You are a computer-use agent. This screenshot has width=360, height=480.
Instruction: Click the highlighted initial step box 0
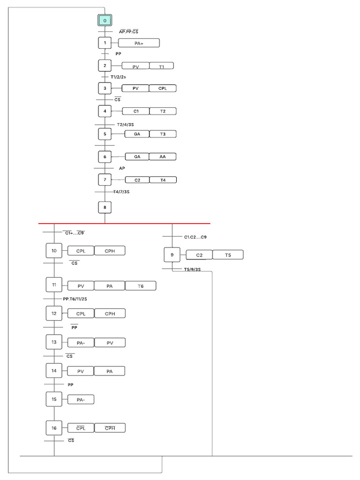pyautogui.click(x=105, y=21)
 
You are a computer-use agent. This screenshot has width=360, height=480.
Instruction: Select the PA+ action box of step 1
pyautogui.click(x=139, y=43)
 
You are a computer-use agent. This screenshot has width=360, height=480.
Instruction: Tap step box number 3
pyautogui.click(x=105, y=88)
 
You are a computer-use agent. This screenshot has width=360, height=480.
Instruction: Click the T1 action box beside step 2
pyautogui.click(x=162, y=66)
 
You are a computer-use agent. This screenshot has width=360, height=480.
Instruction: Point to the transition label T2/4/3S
pyautogui.click(x=125, y=125)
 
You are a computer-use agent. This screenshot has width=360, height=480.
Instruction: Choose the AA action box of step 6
pyautogui.click(x=163, y=157)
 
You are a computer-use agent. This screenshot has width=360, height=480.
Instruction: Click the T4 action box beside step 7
pyautogui.click(x=163, y=180)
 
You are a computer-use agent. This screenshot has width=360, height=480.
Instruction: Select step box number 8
pyautogui.click(x=105, y=207)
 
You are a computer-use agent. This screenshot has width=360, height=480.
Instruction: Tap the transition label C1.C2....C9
pyautogui.click(x=195, y=237)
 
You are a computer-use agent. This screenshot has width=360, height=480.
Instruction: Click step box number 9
pyautogui.click(x=172, y=255)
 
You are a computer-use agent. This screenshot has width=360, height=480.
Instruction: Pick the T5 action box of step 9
pyautogui.click(x=228, y=255)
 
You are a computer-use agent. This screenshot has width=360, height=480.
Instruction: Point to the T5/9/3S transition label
pyautogui.click(x=192, y=270)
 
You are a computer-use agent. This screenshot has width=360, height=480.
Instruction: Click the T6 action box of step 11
pyautogui.click(x=141, y=286)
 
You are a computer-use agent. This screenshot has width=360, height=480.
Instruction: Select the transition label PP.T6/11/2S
pyautogui.click(x=75, y=299)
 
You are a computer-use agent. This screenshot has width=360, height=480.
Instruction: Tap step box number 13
pyautogui.click(x=54, y=342)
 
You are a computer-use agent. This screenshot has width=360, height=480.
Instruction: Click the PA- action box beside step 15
pyautogui.click(x=81, y=399)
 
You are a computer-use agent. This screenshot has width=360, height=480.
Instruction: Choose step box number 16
pyautogui.click(x=54, y=428)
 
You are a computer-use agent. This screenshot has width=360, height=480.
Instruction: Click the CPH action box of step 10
pyautogui.click(x=110, y=251)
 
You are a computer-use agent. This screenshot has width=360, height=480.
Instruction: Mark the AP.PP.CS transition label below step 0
pyautogui.click(x=128, y=31)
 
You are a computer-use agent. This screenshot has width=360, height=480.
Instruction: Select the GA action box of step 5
pyautogui.click(x=137, y=134)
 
